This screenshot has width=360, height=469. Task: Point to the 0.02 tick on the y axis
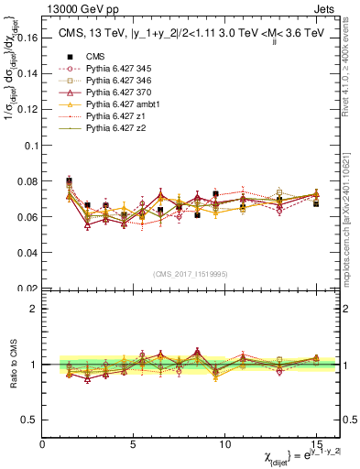27,289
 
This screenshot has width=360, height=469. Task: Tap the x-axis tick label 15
316,443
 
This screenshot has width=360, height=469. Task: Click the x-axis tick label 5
135,443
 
